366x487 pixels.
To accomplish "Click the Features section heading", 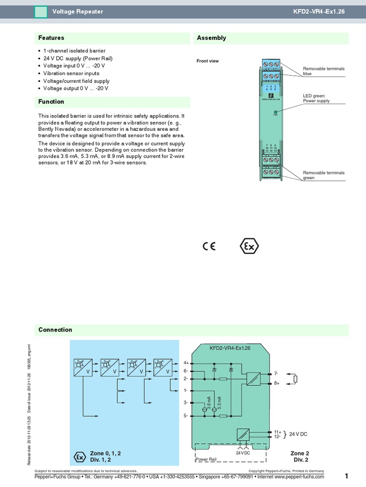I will (51, 38).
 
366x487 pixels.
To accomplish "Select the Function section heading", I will (51, 102).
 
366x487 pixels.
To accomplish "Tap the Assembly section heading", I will (211, 38).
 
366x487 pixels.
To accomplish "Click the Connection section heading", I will (55, 330).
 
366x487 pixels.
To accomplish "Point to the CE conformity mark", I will (209, 246).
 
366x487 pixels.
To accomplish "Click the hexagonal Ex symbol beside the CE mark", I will (249, 246).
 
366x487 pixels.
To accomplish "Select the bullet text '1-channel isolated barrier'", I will (74, 51).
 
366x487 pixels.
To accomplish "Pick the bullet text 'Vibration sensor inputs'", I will (71, 74).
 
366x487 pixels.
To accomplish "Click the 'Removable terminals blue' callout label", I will (324, 71).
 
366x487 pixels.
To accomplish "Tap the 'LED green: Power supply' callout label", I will (316, 98).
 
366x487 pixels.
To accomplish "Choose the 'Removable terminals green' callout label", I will (324, 175).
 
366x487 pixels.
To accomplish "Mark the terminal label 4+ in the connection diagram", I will (186, 363).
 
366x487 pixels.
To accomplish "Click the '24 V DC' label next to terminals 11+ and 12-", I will (298, 434).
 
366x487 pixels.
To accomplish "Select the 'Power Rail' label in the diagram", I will (206, 460).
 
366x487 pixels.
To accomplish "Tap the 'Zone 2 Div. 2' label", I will (300, 457).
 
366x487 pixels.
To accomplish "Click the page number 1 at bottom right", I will (346, 476).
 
